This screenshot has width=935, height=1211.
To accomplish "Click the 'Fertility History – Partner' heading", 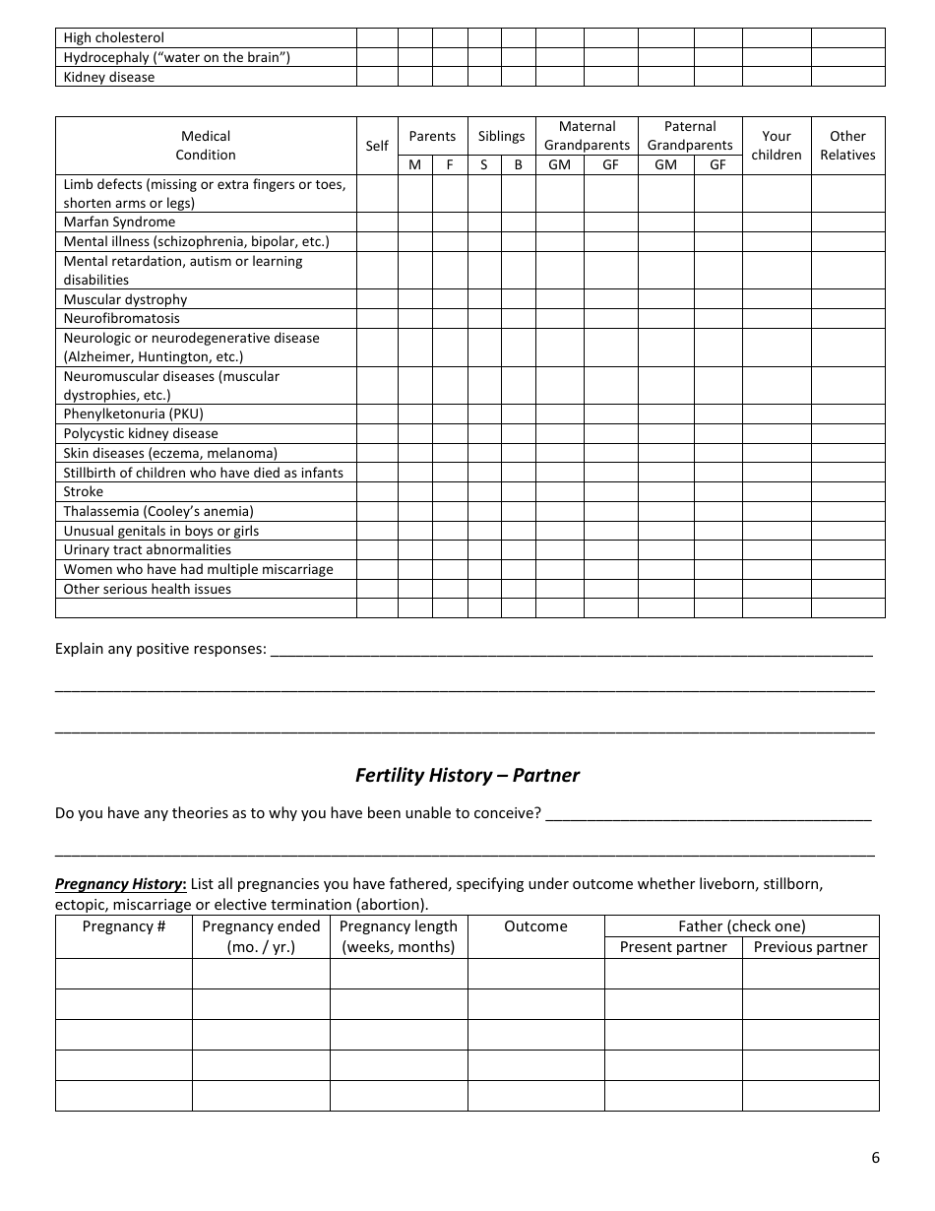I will pyautogui.click(x=467, y=775).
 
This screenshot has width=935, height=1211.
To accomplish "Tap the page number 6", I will pyautogui.click(x=875, y=1157).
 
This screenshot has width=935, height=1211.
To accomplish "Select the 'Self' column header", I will pyautogui.click(x=377, y=146).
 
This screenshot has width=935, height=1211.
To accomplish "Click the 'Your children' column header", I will pyautogui.click(x=777, y=146).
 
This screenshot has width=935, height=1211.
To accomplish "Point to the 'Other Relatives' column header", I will pyautogui.click(x=847, y=146).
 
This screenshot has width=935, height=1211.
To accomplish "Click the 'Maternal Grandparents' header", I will pyautogui.click(x=587, y=136).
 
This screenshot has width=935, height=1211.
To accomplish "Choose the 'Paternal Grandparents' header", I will pyautogui.click(x=690, y=136).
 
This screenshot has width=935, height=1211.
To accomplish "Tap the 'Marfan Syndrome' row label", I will pyautogui.click(x=119, y=223).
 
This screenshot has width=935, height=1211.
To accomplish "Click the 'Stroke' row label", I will pyautogui.click(x=84, y=491).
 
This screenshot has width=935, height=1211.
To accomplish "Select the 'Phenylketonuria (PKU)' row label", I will pyautogui.click(x=134, y=414).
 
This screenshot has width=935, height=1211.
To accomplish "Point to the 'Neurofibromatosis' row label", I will pyautogui.click(x=122, y=319).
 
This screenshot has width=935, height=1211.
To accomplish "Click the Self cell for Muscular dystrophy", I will pyautogui.click(x=377, y=299).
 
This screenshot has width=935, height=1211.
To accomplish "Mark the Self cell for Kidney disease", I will pyautogui.click(x=377, y=77).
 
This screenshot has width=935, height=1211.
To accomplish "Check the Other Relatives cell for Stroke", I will pyautogui.click(x=847, y=491).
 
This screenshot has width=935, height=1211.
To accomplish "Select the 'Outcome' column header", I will pyautogui.click(x=535, y=926).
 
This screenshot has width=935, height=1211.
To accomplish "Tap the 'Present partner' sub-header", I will pyautogui.click(x=673, y=947).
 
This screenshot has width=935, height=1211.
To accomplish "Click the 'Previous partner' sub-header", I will pyautogui.click(x=810, y=947).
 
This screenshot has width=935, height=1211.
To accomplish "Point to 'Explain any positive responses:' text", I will pyautogui.click(x=160, y=649).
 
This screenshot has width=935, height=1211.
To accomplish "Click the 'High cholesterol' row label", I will pyautogui.click(x=114, y=38).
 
